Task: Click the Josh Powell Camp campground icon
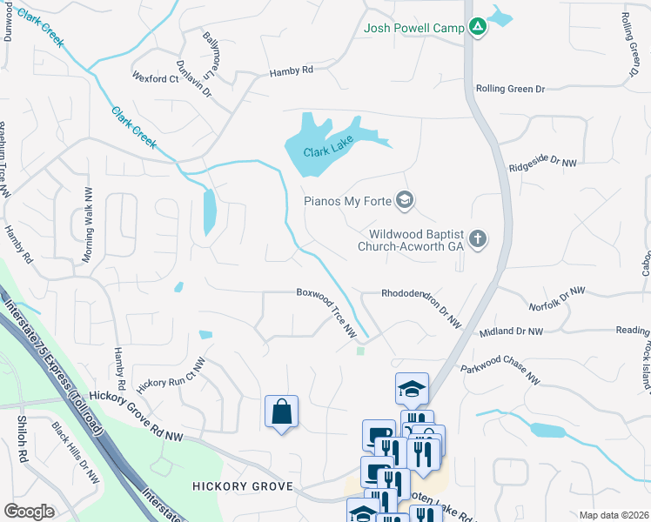point(477,28)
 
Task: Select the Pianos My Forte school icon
point(404,202)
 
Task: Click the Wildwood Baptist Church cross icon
point(477,238)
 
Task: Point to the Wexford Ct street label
point(155,78)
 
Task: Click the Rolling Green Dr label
point(509,89)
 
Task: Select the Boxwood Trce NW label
point(326,313)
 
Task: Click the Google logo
point(30,512)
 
